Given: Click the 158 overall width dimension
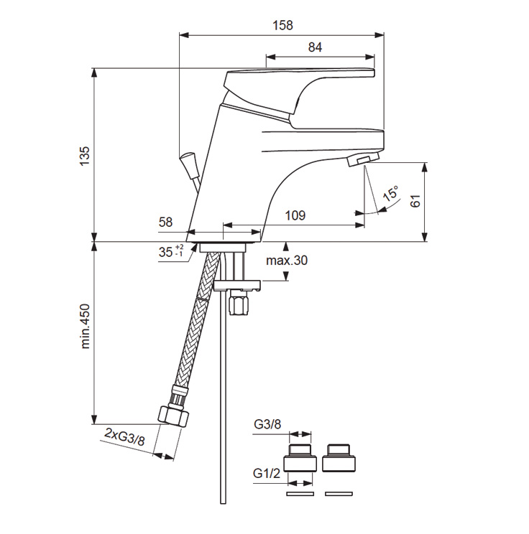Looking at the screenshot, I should (283, 25).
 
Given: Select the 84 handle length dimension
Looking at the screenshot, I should (314, 47).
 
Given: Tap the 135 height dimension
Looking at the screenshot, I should (84, 156).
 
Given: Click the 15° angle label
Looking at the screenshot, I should (390, 195).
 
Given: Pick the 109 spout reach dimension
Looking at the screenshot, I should (295, 215).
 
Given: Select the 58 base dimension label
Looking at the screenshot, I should (165, 222).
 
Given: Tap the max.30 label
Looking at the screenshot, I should (286, 261).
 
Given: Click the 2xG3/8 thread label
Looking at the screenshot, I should (124, 436).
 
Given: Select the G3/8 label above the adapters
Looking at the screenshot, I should (267, 424).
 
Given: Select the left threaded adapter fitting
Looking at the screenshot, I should (300, 457).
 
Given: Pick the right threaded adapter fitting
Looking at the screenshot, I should (339, 457).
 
